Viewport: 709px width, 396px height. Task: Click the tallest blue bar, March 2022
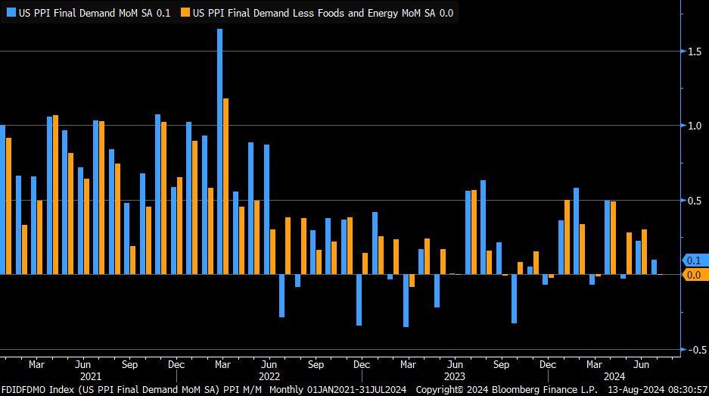tap(219, 151)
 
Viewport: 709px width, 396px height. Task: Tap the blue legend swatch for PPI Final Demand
tap(11, 12)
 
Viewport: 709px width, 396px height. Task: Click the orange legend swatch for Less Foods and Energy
tap(185, 12)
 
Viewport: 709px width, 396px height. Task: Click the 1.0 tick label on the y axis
tap(693, 126)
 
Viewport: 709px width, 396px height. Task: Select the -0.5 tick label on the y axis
tap(692, 350)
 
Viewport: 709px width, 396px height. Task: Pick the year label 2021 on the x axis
tap(91, 376)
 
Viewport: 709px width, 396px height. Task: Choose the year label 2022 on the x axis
tap(269, 376)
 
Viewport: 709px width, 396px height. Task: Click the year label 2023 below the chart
tap(455, 376)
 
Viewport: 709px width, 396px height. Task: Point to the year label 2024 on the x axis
tap(614, 376)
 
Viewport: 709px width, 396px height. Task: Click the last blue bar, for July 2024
tap(654, 267)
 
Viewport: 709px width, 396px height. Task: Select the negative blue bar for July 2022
tap(282, 295)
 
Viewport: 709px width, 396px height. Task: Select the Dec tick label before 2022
tap(176, 364)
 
